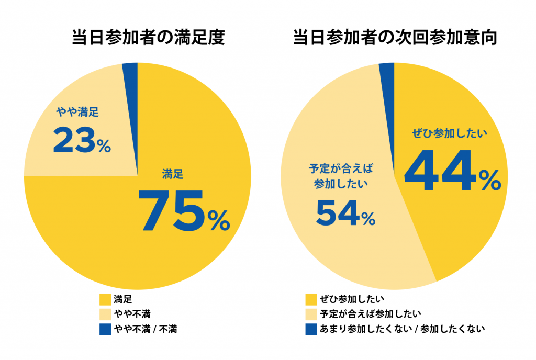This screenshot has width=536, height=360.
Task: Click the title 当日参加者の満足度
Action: click(148, 38)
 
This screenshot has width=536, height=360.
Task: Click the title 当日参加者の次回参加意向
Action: click(394, 38)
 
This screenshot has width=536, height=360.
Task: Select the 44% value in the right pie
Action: click(452, 172)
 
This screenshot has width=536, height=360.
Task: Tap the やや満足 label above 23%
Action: click(77, 111)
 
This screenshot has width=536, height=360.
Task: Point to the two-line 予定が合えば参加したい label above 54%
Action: click(341, 176)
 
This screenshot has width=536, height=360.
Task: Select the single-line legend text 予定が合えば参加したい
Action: click(364, 314)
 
